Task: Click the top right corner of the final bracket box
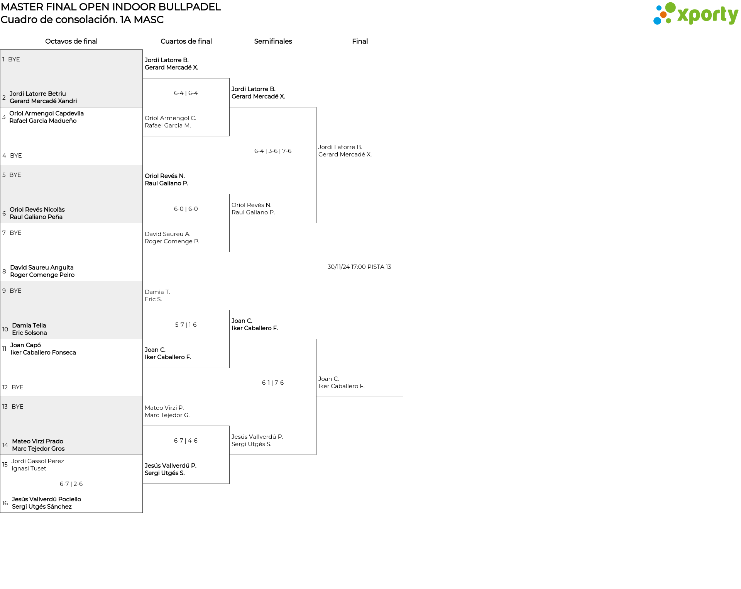tap(403, 165)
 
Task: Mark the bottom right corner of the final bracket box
tap(403, 397)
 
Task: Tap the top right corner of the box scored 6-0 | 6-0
tap(229, 194)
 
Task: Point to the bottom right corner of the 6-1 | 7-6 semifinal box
tap(316, 455)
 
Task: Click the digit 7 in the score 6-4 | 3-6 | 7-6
tap(284, 151)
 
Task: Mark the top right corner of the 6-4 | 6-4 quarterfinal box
tap(229, 78)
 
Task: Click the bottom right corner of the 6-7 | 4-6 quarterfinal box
tap(229, 484)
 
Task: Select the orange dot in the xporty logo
tap(663, 15)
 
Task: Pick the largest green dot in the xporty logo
tap(671, 7)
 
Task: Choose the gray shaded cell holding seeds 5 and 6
tap(71, 194)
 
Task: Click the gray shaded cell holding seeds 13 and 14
tap(71, 426)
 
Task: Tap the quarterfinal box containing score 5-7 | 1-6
tap(186, 339)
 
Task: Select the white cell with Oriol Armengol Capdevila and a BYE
tap(71, 136)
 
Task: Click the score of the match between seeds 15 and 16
tap(71, 484)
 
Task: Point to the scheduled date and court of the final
tap(359, 267)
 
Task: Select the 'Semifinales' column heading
tap(273, 41)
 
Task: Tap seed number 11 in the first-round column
tap(4, 349)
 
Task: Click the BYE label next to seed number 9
tap(15, 291)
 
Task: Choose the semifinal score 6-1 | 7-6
tap(273, 383)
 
